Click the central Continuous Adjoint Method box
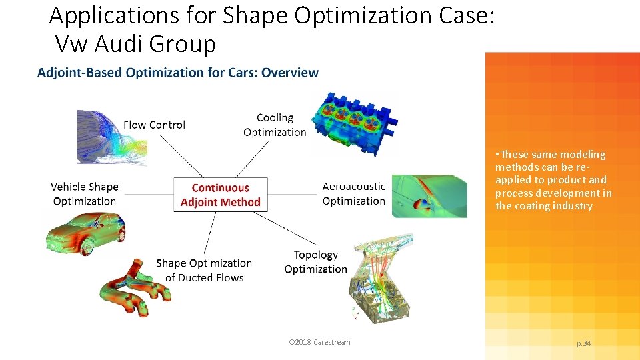coord(221,195)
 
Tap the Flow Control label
coord(154,125)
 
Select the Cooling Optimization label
coord(275,125)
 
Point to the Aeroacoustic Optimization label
coord(353,194)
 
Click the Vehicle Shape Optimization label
coord(84,194)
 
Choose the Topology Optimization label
coord(315,262)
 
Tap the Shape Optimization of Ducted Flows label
coord(204,270)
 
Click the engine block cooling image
coord(353,120)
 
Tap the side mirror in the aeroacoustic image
coord(421,205)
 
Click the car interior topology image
coord(380,277)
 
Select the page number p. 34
coord(583,343)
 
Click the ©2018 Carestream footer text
coord(319,343)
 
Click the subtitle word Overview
coord(290,72)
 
